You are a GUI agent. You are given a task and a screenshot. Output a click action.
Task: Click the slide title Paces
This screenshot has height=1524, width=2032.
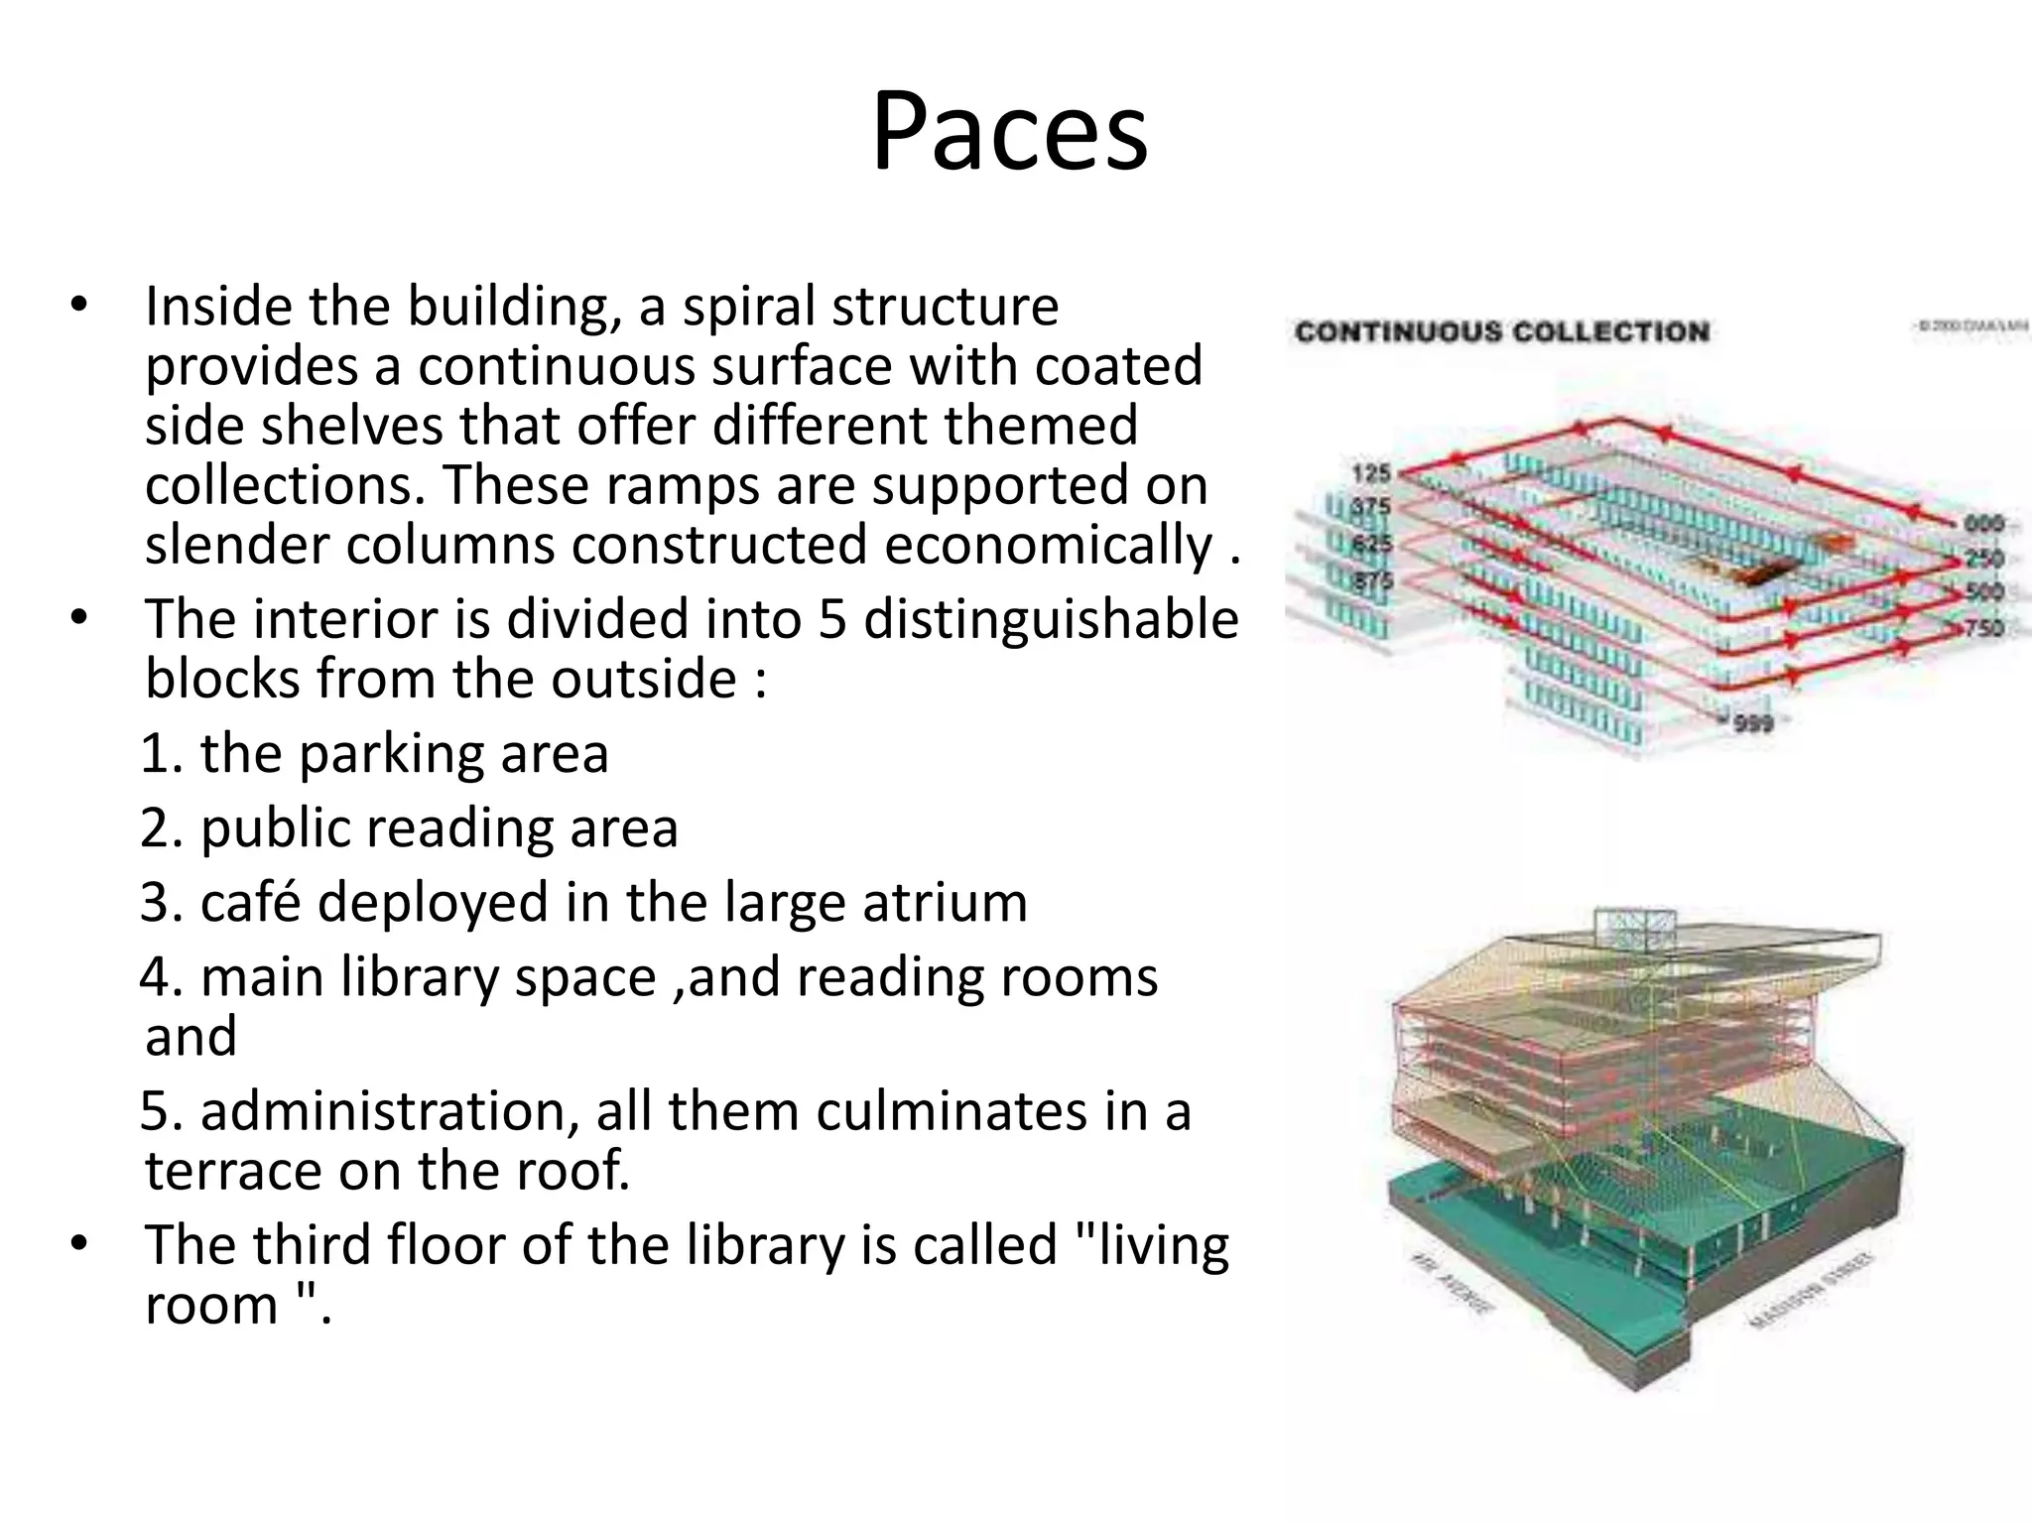pos(1010,133)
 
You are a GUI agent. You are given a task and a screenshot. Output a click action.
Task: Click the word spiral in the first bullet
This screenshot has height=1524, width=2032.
pos(747,306)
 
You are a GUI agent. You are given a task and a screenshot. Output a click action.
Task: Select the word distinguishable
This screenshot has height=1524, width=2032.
pos(1052,620)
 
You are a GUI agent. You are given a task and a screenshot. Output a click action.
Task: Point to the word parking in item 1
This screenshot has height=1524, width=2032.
pos(389,754)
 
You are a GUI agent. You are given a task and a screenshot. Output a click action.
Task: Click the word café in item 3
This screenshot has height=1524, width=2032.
pos(250,902)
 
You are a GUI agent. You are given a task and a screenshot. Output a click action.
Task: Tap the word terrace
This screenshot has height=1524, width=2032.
pos(232,1171)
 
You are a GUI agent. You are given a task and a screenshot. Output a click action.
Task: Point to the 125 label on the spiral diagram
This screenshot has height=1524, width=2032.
pos(1371,473)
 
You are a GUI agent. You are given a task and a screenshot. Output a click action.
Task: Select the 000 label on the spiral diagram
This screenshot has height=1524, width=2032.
pos(1984,524)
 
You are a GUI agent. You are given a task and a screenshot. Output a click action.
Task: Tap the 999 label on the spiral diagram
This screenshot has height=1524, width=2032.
pos(1753,723)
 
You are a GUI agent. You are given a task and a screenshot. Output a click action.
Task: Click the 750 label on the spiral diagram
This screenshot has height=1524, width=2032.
pos(1984,627)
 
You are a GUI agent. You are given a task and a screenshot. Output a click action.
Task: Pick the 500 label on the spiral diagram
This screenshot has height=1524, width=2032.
pos(1984,592)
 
